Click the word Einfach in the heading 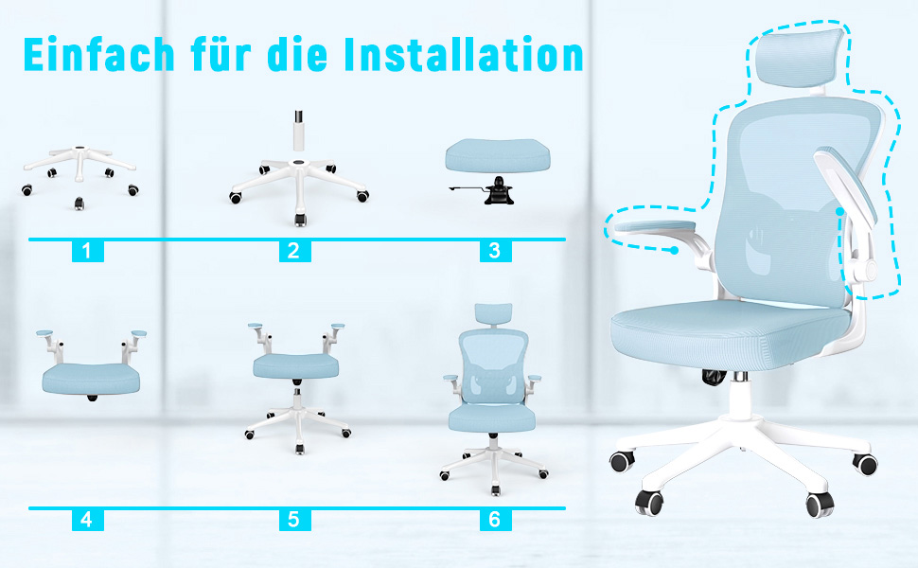pos(99,54)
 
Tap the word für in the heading pos(221,54)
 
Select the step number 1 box pos(87,251)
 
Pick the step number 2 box pos(294,251)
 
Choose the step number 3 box pos(495,251)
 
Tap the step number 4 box pos(87,520)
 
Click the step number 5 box pos(294,520)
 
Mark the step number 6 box pos(495,520)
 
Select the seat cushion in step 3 pos(498,155)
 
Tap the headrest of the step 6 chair pos(493,315)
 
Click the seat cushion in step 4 pos(92,379)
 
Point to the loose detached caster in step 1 pos(79,204)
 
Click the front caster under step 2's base pos(300,221)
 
